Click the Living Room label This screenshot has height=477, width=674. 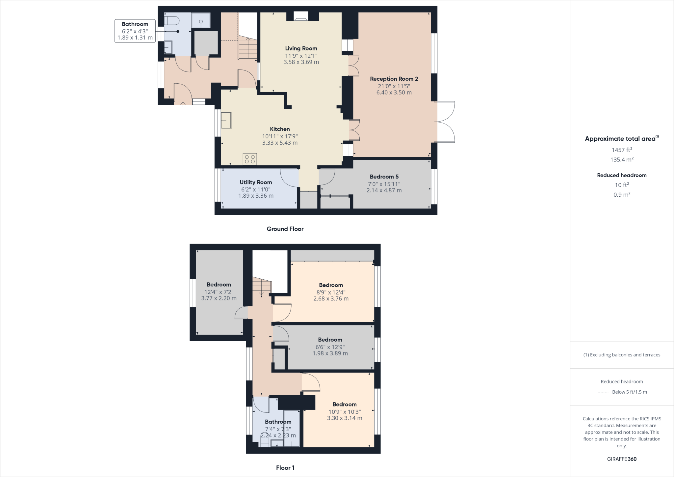[x=301, y=48]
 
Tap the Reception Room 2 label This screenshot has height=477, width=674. [x=394, y=79]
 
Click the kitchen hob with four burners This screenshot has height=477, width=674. [x=250, y=159]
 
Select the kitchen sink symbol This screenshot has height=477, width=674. [x=226, y=121]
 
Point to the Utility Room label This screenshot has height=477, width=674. [x=256, y=182]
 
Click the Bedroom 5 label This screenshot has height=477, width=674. [x=384, y=177]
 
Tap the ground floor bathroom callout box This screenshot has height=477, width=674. [x=135, y=31]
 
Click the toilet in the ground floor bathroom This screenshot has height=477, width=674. [x=172, y=20]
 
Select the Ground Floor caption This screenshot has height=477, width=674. [x=285, y=229]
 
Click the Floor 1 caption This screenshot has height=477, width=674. [x=285, y=467]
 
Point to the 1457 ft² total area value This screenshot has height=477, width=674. [x=622, y=150]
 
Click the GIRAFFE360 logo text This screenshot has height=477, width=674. [x=622, y=459]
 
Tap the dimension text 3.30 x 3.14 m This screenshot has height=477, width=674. [x=345, y=418]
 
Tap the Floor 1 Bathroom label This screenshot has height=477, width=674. [x=278, y=422]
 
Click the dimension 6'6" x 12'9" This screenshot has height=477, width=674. [x=330, y=347]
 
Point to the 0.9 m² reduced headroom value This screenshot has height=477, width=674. [x=622, y=195]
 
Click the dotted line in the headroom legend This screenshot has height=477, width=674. [x=602, y=392]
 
